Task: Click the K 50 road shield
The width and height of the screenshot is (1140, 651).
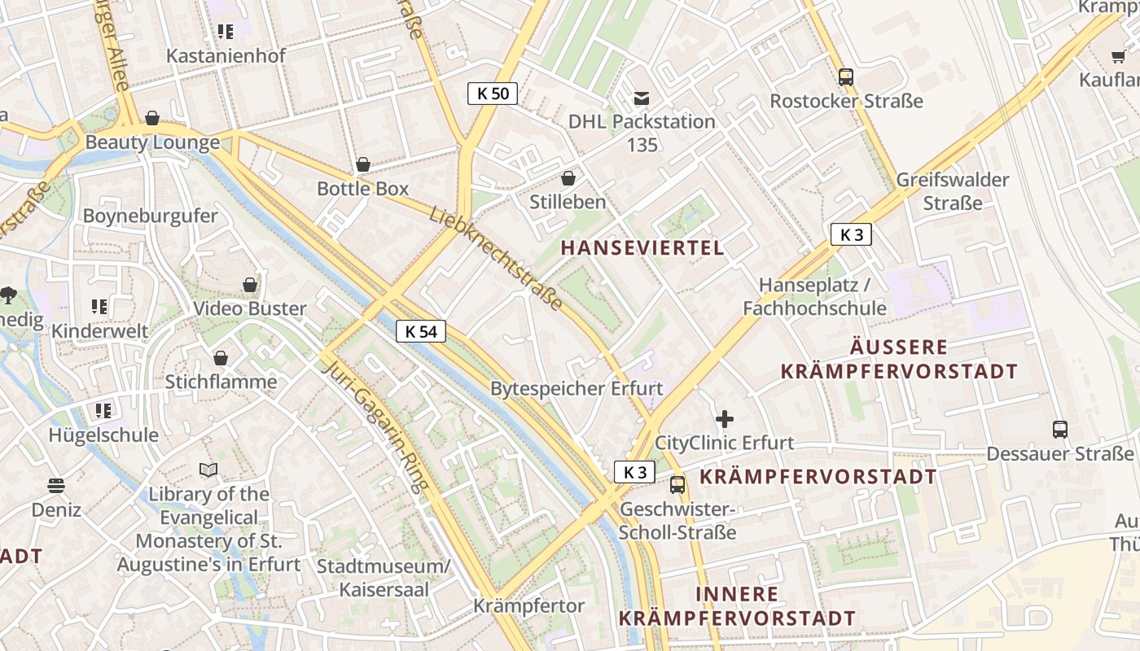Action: point(493,94)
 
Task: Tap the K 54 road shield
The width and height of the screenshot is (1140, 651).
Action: point(421,331)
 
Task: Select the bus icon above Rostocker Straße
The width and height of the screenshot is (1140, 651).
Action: point(846,77)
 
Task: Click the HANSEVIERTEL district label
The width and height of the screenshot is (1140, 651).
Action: point(642,248)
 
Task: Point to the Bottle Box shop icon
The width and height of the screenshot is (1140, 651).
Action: point(363,165)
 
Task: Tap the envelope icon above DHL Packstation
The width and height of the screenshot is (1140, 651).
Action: point(642,98)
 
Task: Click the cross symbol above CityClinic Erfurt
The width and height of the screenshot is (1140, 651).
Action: point(724,420)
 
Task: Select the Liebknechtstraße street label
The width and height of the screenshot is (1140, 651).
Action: point(496,257)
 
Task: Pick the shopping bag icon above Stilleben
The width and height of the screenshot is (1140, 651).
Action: point(568,178)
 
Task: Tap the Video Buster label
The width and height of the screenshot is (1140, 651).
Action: point(250,308)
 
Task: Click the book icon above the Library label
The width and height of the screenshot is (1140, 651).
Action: point(208,470)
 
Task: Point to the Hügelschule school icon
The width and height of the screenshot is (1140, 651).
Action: point(103,411)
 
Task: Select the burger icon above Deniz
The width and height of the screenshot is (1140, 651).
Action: point(56,486)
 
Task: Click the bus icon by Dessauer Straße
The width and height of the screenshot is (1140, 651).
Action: point(1059,429)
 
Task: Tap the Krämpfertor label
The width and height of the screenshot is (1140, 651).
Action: point(529,606)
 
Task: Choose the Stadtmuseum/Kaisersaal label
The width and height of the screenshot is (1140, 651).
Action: point(384,578)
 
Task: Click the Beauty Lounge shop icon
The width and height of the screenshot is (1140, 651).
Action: point(152,119)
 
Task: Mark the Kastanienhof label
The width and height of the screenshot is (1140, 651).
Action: point(226,56)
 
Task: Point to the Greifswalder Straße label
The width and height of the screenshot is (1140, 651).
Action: point(953,190)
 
